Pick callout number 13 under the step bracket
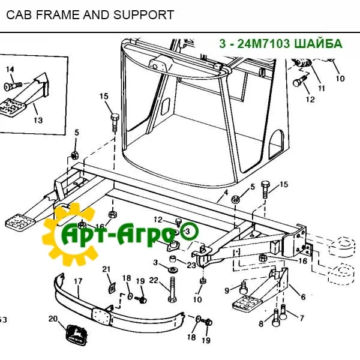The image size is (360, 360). (x=38, y=121)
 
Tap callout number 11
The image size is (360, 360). (x=321, y=88)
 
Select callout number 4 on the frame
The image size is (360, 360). (x=226, y=193)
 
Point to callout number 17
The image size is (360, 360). (x=77, y=280)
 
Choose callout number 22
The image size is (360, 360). (x=153, y=280)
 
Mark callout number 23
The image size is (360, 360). (x=191, y=265)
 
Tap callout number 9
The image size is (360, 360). (x=227, y=291)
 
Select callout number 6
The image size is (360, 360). (x=303, y=297)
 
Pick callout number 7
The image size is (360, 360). (x=302, y=317)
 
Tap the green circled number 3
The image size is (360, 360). (x=187, y=231)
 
